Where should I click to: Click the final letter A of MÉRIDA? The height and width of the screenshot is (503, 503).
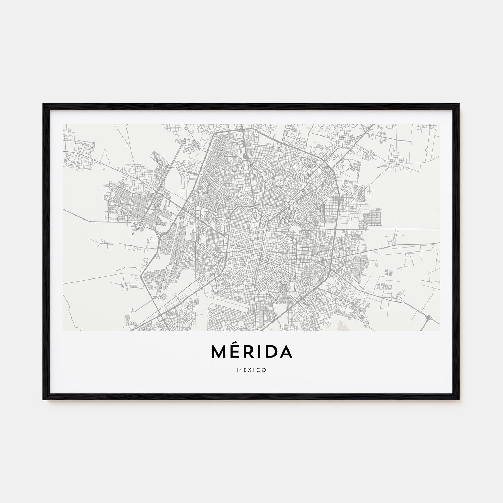point(286,352)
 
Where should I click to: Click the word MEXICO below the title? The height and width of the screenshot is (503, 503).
point(251,370)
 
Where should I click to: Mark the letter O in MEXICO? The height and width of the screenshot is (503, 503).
point(264,370)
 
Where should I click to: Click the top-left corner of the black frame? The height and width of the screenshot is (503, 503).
point(43,105)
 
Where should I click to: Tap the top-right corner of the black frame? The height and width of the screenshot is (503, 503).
point(459,105)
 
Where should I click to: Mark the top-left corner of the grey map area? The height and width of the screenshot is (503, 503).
point(63,125)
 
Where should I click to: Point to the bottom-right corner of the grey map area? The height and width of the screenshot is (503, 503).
point(440,331)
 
